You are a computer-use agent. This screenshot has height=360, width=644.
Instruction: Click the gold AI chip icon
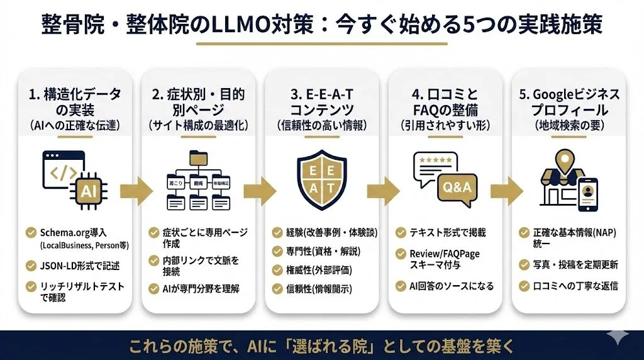coord(87,189)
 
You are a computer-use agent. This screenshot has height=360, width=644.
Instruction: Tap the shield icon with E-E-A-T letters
coord(321,179)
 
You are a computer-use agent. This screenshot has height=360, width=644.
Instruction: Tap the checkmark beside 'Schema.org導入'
coord(30,232)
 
